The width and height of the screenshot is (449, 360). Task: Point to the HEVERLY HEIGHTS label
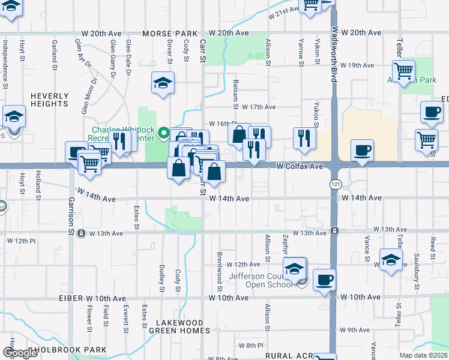click(x=49, y=100)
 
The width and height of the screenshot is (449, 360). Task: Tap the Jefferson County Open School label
click(x=262, y=280)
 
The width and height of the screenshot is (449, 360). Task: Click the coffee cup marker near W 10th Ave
click(x=324, y=280)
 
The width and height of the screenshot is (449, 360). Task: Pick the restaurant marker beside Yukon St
click(x=305, y=139)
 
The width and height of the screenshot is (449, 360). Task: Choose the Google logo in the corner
click(x=20, y=353)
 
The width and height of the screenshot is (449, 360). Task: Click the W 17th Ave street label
click(x=255, y=107)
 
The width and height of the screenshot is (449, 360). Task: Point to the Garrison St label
click(x=71, y=215)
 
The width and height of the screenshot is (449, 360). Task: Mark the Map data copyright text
click(x=423, y=355)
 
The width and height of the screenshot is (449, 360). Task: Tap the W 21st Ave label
click(x=284, y=12)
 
